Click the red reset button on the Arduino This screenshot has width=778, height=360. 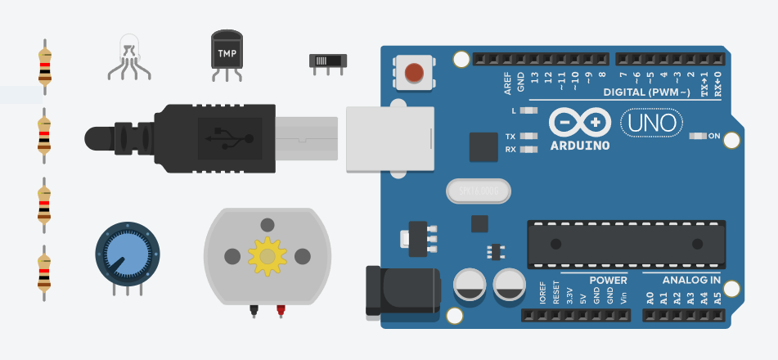click(415, 73)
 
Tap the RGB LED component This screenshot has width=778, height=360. click(128, 53)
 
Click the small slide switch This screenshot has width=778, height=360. click(328, 61)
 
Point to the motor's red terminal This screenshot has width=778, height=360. click(281, 311)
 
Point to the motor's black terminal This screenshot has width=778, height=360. click(254, 311)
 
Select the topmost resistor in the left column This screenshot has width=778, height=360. click(45, 65)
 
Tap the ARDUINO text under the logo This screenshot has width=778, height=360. click(580, 146)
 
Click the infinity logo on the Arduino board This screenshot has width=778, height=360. click(580, 123)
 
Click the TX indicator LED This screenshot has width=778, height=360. click(528, 136)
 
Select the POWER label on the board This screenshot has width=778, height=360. click(608, 280)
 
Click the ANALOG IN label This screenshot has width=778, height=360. click(691, 280)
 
